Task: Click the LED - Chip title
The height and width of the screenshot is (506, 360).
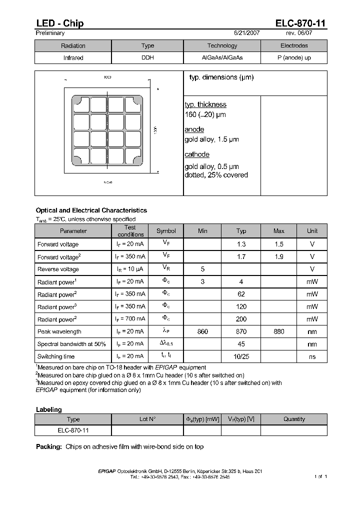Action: click(59, 23)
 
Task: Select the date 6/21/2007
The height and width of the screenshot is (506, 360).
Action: click(247, 33)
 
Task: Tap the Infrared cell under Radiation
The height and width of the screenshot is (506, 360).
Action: click(73, 58)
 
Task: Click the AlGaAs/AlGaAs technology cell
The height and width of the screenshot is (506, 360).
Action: click(222, 58)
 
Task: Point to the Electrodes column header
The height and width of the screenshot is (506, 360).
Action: click(294, 45)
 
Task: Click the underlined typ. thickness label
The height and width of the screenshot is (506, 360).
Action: click(205, 104)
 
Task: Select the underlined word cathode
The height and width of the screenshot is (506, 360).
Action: click(197, 154)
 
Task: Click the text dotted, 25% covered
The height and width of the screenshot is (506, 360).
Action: click(216, 175)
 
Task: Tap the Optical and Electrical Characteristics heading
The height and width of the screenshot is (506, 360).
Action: click(91, 210)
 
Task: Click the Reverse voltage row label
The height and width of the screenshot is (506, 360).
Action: click(58, 269)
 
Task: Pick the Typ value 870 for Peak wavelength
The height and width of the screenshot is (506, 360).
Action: click(241, 331)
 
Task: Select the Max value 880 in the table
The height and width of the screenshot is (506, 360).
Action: click(279, 331)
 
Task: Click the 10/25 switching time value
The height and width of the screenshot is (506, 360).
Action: click(241, 356)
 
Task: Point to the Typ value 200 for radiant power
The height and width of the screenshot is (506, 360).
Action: click(241, 319)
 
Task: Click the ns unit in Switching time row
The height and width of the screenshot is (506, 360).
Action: click(312, 356)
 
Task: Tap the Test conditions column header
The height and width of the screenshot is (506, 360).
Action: click(130, 230)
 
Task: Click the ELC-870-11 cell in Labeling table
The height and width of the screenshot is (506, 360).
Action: click(73, 430)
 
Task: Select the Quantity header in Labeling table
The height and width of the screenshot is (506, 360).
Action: click(294, 419)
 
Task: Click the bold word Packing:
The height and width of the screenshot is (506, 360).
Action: click(49, 446)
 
